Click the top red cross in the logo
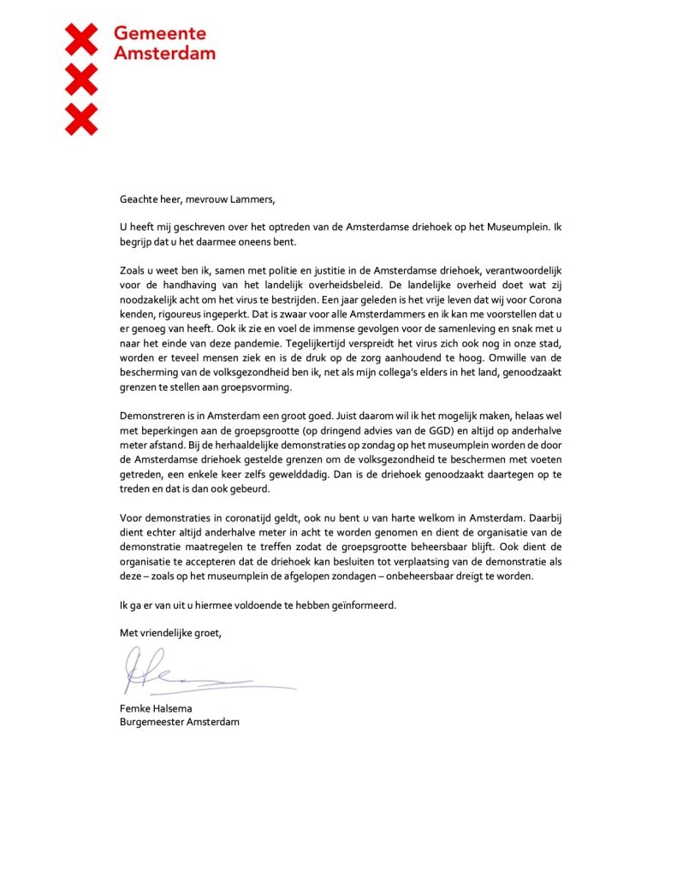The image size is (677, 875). tap(81, 40)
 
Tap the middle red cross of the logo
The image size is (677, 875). tap(81, 80)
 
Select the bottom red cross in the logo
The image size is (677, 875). tap(81, 119)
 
